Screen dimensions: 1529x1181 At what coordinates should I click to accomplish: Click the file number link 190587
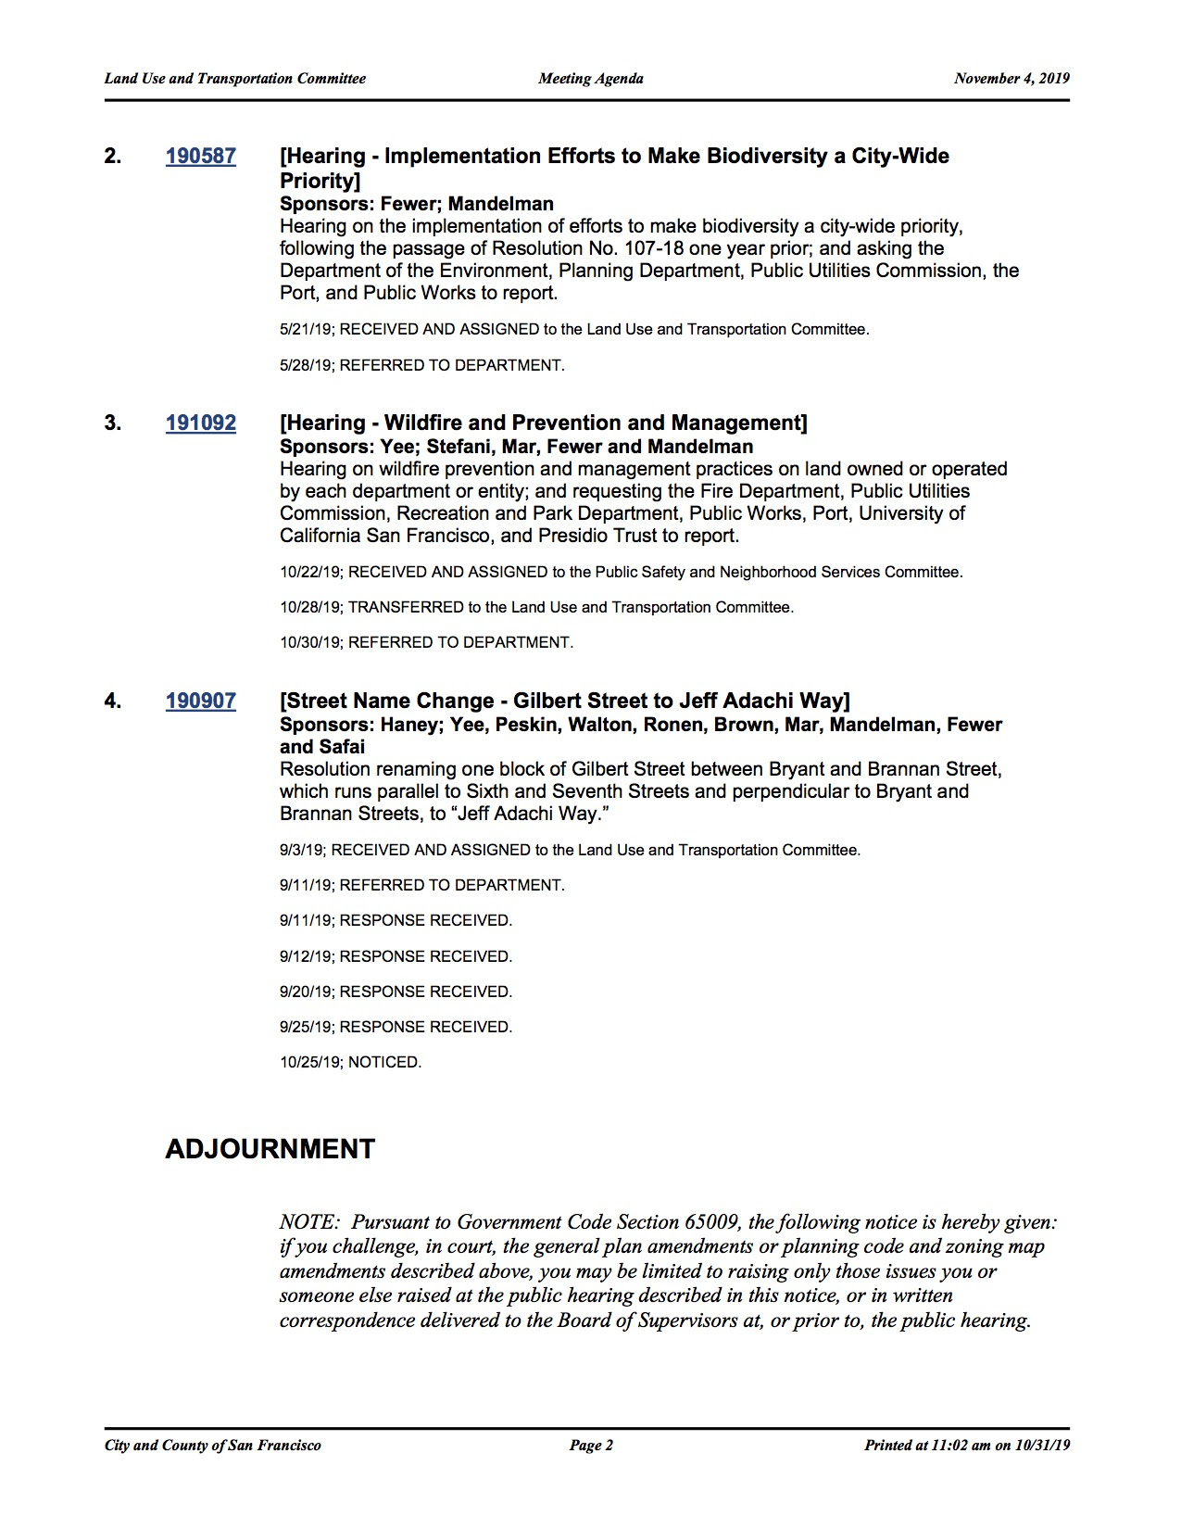[201, 156]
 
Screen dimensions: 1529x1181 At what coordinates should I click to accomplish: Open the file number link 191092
[201, 423]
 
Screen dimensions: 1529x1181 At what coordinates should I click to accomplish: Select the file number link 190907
[201, 701]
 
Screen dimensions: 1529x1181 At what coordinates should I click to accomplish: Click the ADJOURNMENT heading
[270, 1149]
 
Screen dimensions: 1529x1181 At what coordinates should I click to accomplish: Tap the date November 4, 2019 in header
[1011, 79]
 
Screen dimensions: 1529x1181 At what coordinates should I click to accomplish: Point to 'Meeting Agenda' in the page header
[591, 79]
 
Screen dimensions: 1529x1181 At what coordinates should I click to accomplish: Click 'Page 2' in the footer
[591, 1445]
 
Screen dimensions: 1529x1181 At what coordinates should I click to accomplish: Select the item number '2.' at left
[113, 156]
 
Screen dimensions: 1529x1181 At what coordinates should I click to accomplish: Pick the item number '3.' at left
[113, 423]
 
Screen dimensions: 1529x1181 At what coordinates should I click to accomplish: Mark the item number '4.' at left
[113, 701]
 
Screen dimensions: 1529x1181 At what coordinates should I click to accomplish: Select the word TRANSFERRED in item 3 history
[406, 607]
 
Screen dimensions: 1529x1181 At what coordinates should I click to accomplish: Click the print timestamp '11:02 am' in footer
[961, 1445]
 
